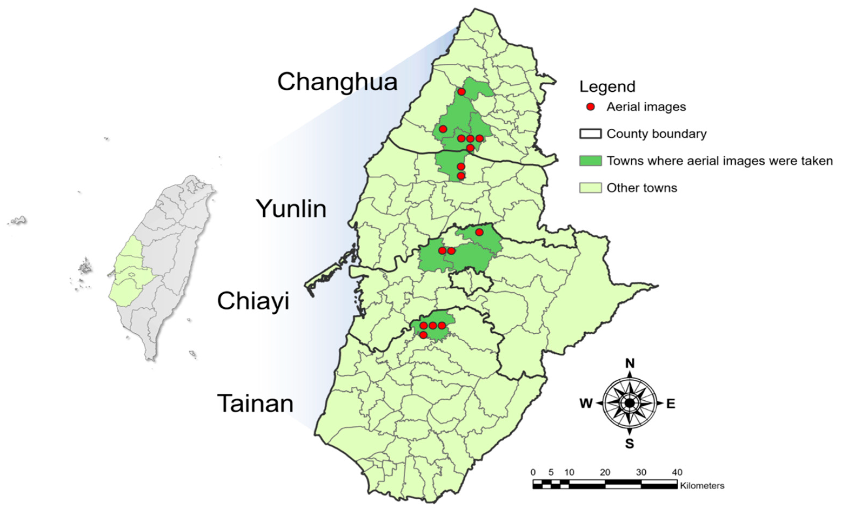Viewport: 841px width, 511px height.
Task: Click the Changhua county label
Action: click(x=337, y=82)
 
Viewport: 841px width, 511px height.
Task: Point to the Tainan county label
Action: click(x=255, y=404)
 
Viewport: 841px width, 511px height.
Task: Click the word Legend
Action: click(x=607, y=87)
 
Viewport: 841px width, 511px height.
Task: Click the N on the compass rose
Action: click(x=630, y=363)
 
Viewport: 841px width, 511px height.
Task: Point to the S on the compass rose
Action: click(x=629, y=444)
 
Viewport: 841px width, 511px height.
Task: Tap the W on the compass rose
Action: click(x=586, y=404)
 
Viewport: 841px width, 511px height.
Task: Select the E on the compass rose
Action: click(x=671, y=404)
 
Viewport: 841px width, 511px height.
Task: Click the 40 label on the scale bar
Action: click(x=677, y=472)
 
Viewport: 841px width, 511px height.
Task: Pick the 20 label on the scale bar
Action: click(x=605, y=472)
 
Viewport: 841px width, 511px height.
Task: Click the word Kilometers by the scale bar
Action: click(x=702, y=485)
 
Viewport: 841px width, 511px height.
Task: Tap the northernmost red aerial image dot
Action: click(x=461, y=92)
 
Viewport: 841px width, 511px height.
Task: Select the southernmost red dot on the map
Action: click(x=423, y=335)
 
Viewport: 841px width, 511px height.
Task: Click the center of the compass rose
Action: click(x=629, y=403)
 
